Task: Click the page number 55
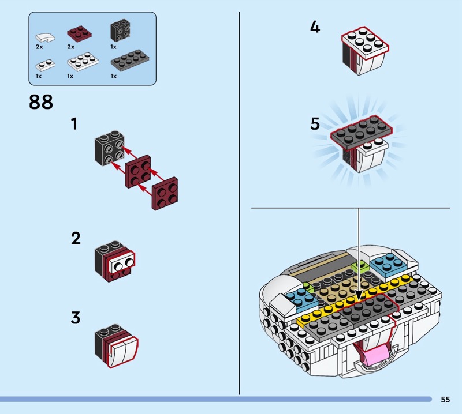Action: [445, 399]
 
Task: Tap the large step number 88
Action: [40, 103]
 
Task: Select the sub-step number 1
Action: [74, 123]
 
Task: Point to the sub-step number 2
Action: [76, 238]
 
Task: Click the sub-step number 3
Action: [76, 317]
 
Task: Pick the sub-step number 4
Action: [315, 27]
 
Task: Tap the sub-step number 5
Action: [315, 123]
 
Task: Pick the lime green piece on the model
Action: [360, 267]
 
